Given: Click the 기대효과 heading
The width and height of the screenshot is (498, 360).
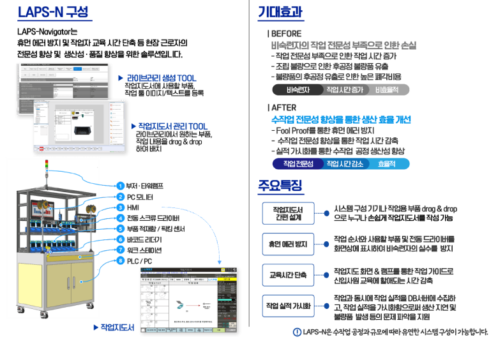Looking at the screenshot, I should coord(280,12).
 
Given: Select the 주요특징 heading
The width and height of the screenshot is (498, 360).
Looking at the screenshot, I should coord(280,185).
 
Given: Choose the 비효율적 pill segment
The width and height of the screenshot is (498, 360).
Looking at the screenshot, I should coord(386,90).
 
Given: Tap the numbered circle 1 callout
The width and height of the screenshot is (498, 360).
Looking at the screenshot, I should coord(120,186).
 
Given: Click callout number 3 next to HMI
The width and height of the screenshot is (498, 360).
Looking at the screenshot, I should coord(120,207).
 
